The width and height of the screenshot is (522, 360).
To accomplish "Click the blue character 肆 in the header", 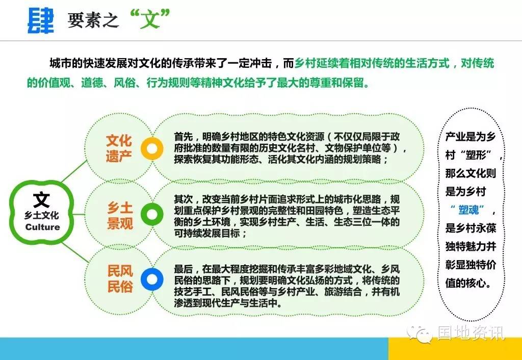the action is [x=41, y=20].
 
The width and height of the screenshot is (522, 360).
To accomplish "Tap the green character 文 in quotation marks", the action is [x=150, y=19].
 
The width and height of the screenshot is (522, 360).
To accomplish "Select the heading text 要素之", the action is [x=93, y=20].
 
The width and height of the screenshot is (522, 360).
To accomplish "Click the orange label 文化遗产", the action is [x=119, y=148].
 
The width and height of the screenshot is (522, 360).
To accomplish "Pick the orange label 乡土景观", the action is [x=120, y=216].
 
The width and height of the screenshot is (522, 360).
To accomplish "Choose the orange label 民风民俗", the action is [x=120, y=279].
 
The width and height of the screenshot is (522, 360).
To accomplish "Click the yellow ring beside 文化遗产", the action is [x=152, y=148].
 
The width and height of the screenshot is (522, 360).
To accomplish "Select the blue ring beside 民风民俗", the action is [x=152, y=279].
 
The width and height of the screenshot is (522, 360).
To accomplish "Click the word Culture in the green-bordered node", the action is [x=43, y=227].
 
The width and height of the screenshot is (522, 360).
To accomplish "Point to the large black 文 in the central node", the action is [x=41, y=200].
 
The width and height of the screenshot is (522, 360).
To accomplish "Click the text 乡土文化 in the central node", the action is [x=41, y=216].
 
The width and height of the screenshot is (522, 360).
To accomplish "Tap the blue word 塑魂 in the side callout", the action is [x=468, y=210].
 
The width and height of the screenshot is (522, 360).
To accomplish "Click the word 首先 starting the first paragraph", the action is [x=183, y=137].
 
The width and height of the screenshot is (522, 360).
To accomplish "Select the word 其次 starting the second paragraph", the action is [x=183, y=199].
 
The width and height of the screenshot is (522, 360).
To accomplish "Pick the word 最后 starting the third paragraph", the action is [x=183, y=269].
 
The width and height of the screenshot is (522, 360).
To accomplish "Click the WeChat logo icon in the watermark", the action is [x=420, y=333].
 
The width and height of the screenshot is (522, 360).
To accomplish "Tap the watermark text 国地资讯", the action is [x=471, y=333].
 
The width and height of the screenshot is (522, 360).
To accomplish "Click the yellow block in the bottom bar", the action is [x=455, y=348].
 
